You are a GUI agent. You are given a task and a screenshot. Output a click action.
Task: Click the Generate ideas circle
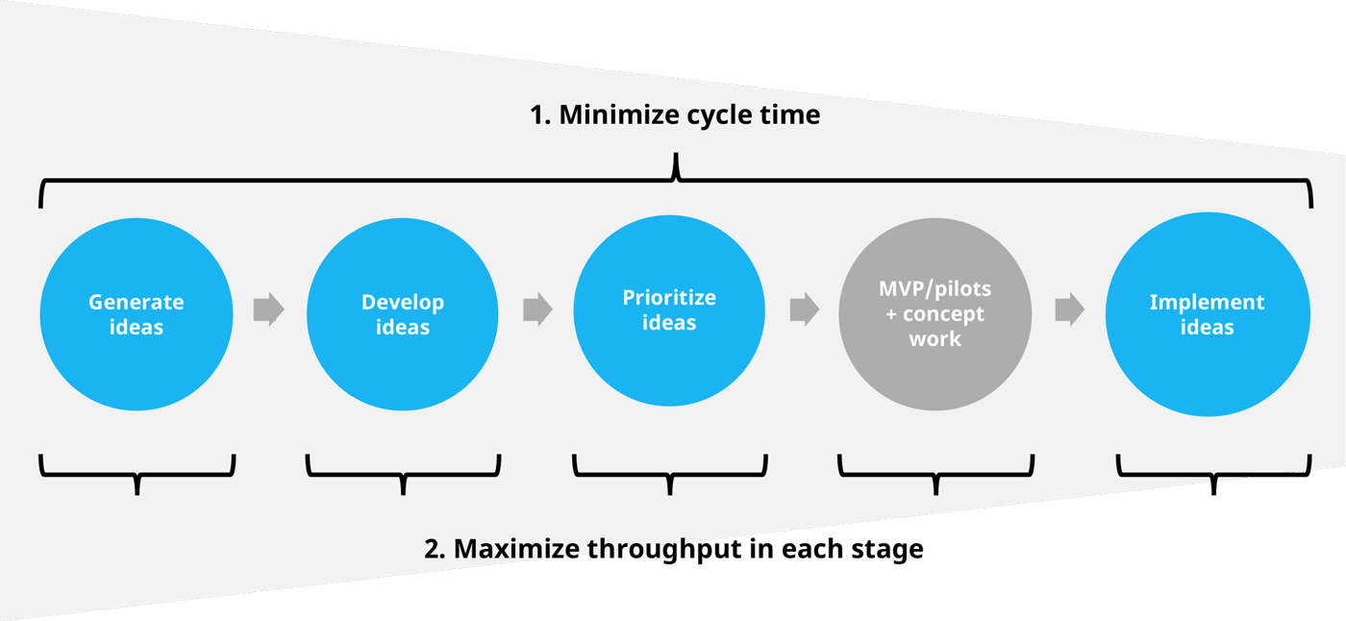[137, 314]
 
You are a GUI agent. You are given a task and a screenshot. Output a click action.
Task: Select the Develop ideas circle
[403, 314]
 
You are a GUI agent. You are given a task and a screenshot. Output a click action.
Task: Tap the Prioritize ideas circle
[669, 310]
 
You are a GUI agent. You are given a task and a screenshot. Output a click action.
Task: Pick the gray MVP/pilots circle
[935, 312]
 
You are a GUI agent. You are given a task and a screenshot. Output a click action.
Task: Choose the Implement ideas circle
[1207, 314]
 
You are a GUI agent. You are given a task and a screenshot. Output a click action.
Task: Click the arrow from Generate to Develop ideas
[269, 310]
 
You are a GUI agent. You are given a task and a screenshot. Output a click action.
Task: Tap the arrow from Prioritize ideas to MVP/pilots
[804, 310]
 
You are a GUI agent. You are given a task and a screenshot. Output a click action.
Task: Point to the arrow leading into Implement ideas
[1069, 310]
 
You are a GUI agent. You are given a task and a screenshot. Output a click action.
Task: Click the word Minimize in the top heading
[618, 115]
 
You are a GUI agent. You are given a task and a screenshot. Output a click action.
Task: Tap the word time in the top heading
[790, 115]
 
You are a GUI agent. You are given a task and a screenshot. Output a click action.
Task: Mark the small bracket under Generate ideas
[137, 472]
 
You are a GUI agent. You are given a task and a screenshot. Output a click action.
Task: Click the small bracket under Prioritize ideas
[669, 472]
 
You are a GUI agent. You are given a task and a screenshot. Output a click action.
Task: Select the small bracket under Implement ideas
[1213, 472]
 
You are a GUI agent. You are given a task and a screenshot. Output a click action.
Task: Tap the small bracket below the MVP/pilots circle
[935, 472]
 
